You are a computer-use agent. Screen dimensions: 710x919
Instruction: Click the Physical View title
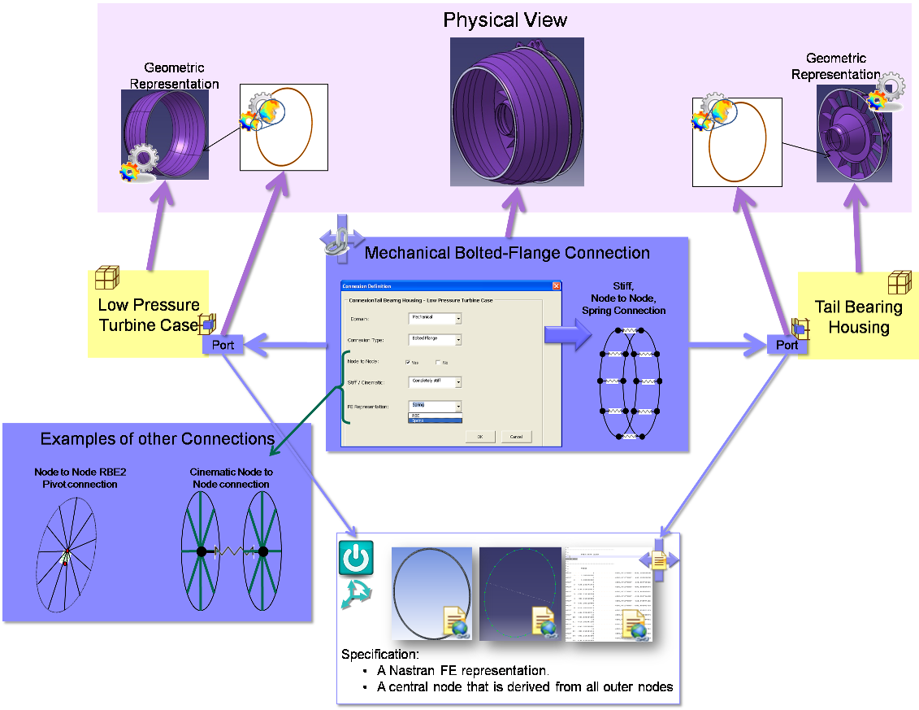click(x=505, y=20)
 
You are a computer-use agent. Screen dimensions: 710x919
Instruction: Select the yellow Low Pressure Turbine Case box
click(x=148, y=315)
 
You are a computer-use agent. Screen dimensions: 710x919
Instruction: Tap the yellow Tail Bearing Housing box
click(x=858, y=317)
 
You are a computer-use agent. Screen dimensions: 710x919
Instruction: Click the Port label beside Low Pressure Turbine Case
click(x=223, y=345)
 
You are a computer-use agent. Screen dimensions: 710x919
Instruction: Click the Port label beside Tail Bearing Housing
click(x=787, y=345)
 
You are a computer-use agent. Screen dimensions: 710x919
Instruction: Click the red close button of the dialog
click(x=557, y=286)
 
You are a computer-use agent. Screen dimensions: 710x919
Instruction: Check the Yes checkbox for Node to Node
click(x=408, y=362)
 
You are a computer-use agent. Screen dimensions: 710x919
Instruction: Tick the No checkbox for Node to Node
click(x=438, y=362)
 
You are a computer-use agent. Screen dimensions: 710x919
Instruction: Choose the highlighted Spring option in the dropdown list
click(x=435, y=420)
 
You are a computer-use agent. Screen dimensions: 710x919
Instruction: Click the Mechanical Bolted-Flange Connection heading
click(x=507, y=253)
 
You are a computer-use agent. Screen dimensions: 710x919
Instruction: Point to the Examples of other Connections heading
click(x=158, y=439)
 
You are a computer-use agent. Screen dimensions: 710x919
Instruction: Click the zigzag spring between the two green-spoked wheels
click(x=232, y=551)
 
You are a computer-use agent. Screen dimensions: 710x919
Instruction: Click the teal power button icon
click(x=356, y=559)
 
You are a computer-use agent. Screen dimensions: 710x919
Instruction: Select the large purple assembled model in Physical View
click(x=517, y=111)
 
